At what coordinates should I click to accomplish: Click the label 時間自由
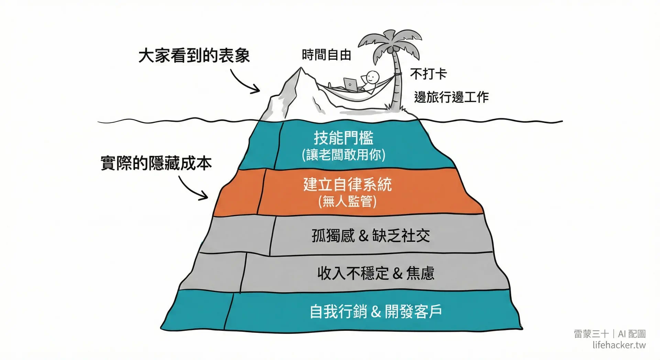[x=326, y=55]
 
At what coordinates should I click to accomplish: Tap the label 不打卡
[x=428, y=74]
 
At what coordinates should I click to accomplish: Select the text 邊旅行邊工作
[x=451, y=97]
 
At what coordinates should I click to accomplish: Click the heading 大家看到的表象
[x=194, y=56]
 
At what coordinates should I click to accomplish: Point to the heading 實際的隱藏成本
[x=156, y=163]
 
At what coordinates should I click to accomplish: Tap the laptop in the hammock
[x=350, y=84]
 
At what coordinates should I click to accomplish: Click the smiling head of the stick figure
[x=372, y=77]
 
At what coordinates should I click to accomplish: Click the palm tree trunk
[x=397, y=83]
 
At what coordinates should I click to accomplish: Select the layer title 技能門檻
[x=343, y=138]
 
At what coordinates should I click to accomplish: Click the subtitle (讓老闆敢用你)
[x=343, y=155]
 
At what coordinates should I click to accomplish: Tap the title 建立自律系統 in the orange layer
[x=347, y=184]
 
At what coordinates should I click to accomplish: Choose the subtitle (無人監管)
[x=347, y=201]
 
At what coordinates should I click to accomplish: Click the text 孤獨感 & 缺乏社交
[x=371, y=236]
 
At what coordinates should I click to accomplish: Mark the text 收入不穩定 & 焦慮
[x=375, y=274]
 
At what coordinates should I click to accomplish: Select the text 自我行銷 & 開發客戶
[x=375, y=312]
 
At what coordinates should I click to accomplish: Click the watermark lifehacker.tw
[x=619, y=345]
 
